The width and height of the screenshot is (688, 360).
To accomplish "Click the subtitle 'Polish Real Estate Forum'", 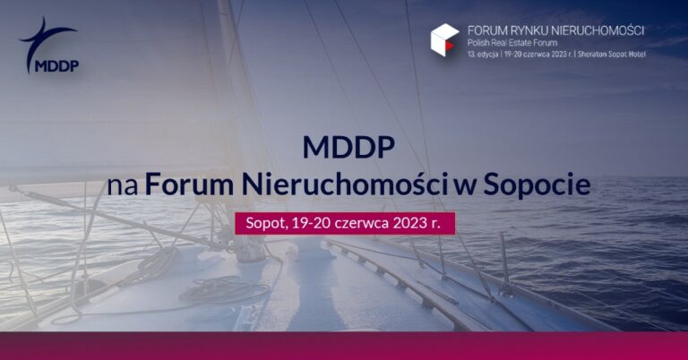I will [x=508, y=43].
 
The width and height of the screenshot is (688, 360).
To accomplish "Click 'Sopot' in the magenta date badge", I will [x=263, y=223].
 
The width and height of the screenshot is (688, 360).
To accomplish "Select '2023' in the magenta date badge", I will [x=411, y=223].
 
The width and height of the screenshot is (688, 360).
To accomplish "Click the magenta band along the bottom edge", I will [x=344, y=346].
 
